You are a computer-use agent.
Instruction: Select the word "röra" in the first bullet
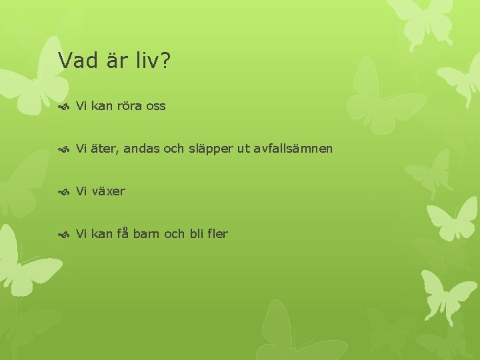(131, 106)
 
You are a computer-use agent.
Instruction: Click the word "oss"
(156, 106)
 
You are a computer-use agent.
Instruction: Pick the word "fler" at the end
(217, 234)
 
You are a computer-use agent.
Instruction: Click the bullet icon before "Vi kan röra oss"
(64, 106)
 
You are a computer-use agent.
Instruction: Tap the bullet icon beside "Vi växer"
(64, 191)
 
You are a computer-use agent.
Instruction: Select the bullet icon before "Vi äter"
(64, 149)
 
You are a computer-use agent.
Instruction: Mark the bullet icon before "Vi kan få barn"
(64, 234)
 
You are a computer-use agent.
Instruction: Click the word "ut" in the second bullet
(243, 149)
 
